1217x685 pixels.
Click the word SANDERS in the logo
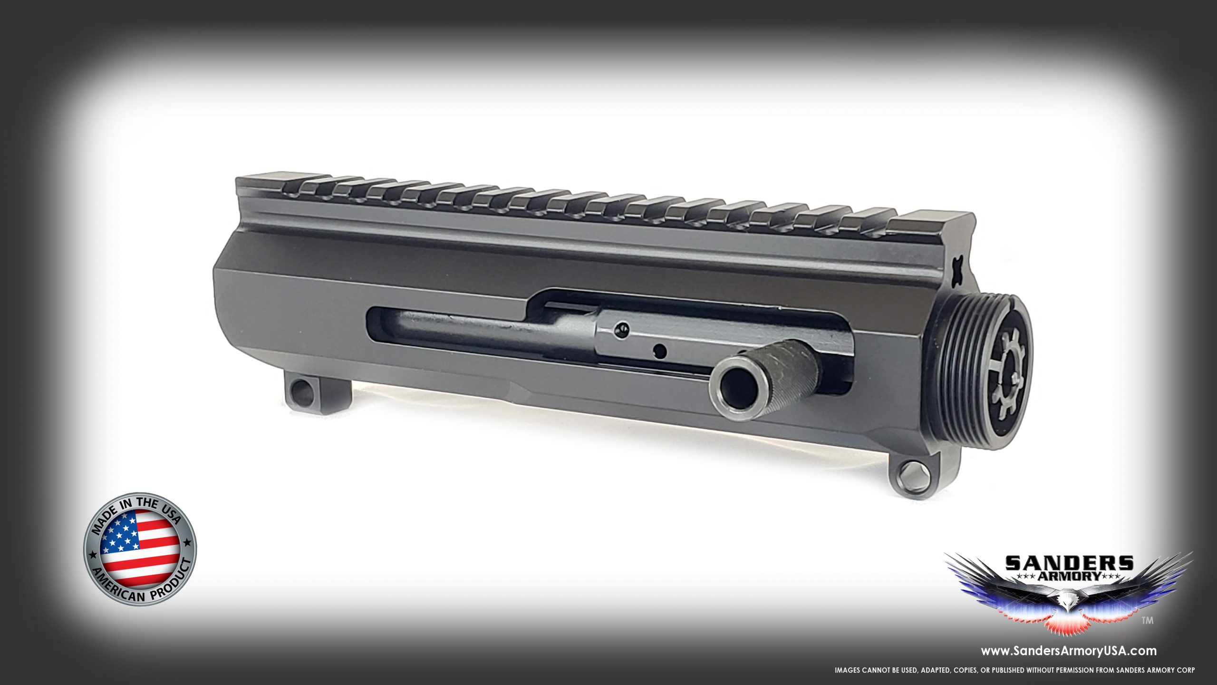pos(1068,563)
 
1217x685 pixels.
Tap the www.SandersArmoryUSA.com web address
pos(1067,650)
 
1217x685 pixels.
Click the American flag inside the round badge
pos(140,548)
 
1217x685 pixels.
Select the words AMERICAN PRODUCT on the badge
pos(143,590)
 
